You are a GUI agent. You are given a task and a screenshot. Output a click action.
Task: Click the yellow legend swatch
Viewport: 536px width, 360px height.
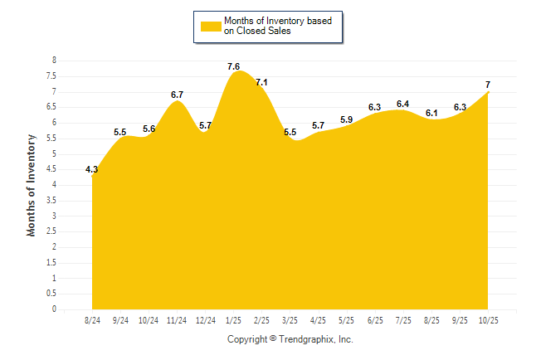[211, 26]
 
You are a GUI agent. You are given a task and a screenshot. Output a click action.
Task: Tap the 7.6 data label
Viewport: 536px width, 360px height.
[234, 66]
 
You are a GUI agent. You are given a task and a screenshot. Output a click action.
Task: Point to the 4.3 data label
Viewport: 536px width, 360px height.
[92, 170]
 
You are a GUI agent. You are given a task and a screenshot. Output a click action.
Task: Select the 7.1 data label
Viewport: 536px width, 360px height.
[261, 82]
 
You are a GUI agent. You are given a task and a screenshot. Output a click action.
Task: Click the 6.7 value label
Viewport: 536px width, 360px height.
[177, 95]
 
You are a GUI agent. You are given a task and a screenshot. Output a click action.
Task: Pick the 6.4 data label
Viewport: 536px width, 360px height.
[403, 104]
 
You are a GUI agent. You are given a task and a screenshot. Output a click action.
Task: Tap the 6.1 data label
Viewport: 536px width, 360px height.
[431, 113]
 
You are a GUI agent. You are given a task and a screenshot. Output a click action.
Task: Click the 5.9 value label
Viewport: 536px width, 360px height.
[346, 119]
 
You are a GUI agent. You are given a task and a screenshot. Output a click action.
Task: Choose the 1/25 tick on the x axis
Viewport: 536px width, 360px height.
[233, 319]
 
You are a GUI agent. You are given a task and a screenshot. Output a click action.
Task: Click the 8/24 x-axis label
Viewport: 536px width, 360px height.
[92, 319]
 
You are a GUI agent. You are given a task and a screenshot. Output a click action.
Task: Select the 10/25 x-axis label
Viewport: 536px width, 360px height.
[488, 319]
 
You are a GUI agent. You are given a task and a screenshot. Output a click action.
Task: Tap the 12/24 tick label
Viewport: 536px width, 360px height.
[205, 319]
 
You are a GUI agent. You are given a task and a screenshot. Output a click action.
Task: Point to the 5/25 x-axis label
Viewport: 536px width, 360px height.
[346, 319]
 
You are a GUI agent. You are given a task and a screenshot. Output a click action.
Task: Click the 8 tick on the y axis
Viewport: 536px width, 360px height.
[54, 61]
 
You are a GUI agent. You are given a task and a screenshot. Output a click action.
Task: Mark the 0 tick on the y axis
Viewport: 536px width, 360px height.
[54, 309]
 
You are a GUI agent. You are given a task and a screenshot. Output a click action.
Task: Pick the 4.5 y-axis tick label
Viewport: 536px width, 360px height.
[51, 169]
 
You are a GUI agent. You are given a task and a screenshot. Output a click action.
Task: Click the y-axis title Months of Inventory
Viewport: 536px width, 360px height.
[32, 185]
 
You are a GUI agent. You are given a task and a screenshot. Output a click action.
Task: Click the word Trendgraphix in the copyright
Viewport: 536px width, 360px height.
[308, 339]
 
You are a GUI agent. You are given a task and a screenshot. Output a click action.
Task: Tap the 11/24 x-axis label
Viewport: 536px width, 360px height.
[177, 319]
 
